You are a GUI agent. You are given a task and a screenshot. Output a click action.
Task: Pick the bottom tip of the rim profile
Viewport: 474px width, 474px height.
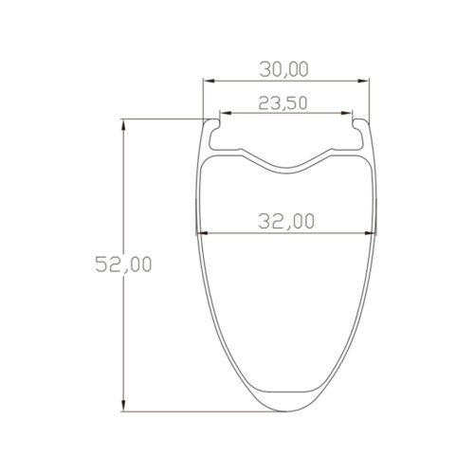click(286, 410)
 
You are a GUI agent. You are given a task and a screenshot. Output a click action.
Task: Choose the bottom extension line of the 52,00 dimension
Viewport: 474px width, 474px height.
click(190, 412)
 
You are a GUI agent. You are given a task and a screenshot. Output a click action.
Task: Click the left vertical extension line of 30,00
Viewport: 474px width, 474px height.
click(201, 100)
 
